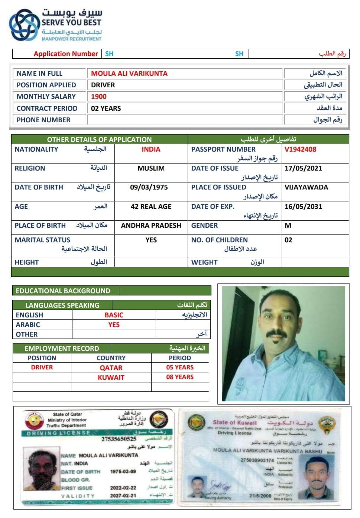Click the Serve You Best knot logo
pyautogui.click(x=24, y=25)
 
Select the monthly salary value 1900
pyautogui.click(x=99, y=97)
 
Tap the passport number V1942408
pyautogui.click(x=300, y=149)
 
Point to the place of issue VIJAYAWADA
pyautogui.click(x=306, y=187)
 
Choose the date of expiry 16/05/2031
pyautogui.click(x=303, y=207)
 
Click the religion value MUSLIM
pyautogui.click(x=151, y=168)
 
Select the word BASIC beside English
pyautogui.click(x=114, y=315)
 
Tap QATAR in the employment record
pyautogui.click(x=111, y=368)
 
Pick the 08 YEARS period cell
pyautogui.click(x=180, y=377)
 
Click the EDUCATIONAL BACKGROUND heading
pyautogui.click(x=63, y=291)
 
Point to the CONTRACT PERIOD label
pyautogui.click(x=47, y=109)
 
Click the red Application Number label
pyautogui.click(x=66, y=54)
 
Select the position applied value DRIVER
pyautogui.click(x=103, y=85)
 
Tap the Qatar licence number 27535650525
pyautogui.click(x=119, y=439)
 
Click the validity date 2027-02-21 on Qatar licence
pyautogui.click(x=123, y=496)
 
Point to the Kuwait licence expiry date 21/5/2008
pyautogui.click(x=260, y=496)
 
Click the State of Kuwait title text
pyautogui.click(x=234, y=423)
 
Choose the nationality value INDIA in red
pyautogui.click(x=151, y=149)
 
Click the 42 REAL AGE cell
pyautogui.click(x=151, y=207)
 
